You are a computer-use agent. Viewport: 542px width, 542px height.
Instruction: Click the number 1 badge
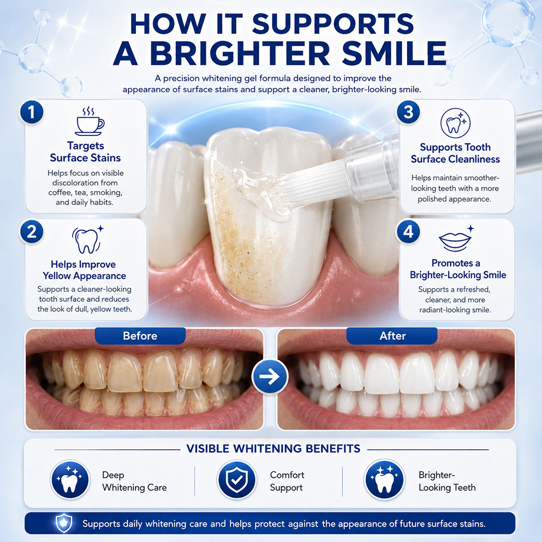[x=31, y=112]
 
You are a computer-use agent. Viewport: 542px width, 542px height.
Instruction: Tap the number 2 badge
[x=31, y=231]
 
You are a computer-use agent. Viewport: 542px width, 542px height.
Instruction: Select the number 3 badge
[x=408, y=112]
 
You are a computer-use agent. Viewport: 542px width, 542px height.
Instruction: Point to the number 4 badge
[x=408, y=231]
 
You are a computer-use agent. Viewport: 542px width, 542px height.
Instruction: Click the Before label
[x=140, y=336]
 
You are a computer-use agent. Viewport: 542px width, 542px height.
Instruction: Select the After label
[x=392, y=336]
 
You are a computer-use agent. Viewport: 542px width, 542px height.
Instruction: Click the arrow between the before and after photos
[x=269, y=377]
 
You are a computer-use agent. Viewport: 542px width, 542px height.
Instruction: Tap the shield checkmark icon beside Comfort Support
[x=237, y=480]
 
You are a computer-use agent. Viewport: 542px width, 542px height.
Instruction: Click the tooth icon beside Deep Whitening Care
[x=70, y=480]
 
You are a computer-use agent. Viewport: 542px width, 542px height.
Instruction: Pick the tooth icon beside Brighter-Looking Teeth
[x=384, y=480]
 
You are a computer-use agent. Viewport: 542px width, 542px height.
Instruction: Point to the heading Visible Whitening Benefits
[x=273, y=449]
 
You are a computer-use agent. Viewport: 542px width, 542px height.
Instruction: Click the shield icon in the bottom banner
[x=64, y=523]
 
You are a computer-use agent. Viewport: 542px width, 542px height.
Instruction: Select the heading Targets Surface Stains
[x=86, y=152]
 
